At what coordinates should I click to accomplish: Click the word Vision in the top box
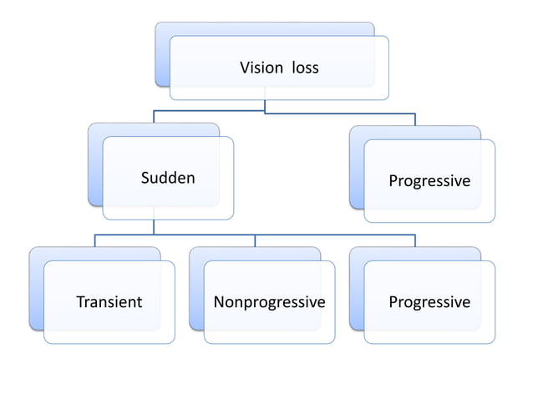(x=262, y=68)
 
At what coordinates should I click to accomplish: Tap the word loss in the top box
(x=305, y=68)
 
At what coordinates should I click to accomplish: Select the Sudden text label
(x=168, y=178)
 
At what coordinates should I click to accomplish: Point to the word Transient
(x=109, y=302)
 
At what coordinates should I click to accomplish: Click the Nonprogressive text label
(x=269, y=302)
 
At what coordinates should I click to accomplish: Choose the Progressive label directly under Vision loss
(x=429, y=181)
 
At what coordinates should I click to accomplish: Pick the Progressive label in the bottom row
(x=429, y=302)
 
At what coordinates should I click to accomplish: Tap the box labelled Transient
(x=109, y=326)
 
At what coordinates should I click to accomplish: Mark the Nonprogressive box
(x=269, y=326)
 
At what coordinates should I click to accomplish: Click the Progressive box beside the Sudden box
(x=429, y=205)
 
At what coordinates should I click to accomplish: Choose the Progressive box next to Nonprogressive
(x=429, y=326)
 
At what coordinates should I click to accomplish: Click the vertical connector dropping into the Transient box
(x=94, y=241)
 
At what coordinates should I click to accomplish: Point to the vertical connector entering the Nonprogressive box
(x=255, y=241)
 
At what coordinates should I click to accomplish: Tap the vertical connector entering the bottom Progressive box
(x=415, y=241)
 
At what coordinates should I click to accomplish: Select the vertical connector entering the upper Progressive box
(x=415, y=119)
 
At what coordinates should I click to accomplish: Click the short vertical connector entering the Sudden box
(x=154, y=117)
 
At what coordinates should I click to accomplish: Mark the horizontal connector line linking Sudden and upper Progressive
(x=334, y=112)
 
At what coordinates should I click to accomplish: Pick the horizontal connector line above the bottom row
(x=334, y=235)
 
